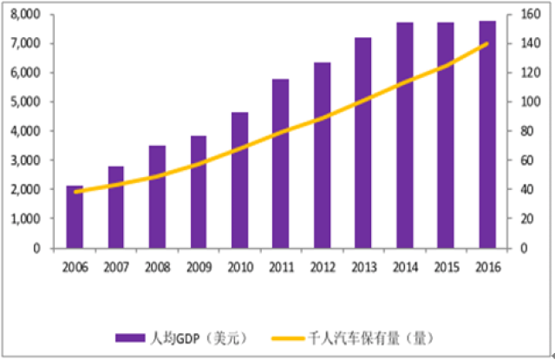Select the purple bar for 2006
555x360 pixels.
(x=75, y=217)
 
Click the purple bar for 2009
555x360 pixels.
(x=199, y=192)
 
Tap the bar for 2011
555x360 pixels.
(x=281, y=164)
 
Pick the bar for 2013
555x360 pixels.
(x=363, y=143)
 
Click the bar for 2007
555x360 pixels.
(x=116, y=207)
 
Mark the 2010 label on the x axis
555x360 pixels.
(x=239, y=265)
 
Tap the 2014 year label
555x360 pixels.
(x=405, y=265)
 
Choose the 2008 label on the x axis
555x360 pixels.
(x=157, y=265)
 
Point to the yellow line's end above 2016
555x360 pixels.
(x=487, y=43)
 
